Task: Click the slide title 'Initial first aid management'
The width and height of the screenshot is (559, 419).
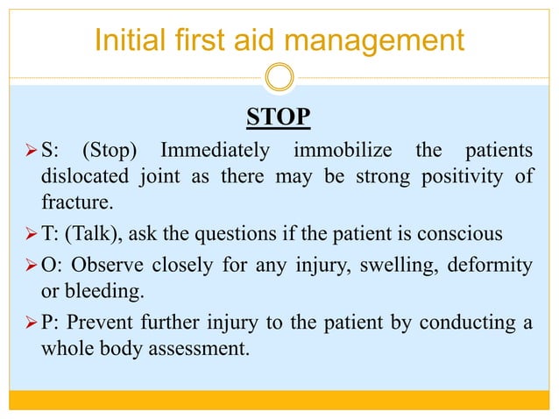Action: pos(279,39)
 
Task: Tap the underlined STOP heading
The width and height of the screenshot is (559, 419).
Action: pos(279,117)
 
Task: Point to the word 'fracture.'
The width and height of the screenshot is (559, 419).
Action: pos(78,203)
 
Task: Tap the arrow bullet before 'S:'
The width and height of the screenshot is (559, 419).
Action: pos(27,151)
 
